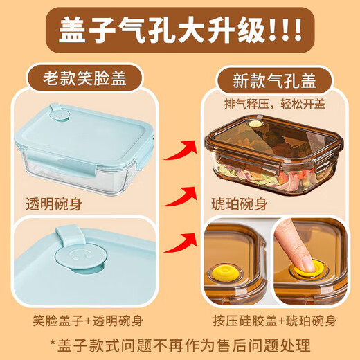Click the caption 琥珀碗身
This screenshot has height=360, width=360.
pyautogui.click(x=237, y=205)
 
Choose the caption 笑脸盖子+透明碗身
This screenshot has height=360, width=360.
pyautogui.click(x=88, y=321)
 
